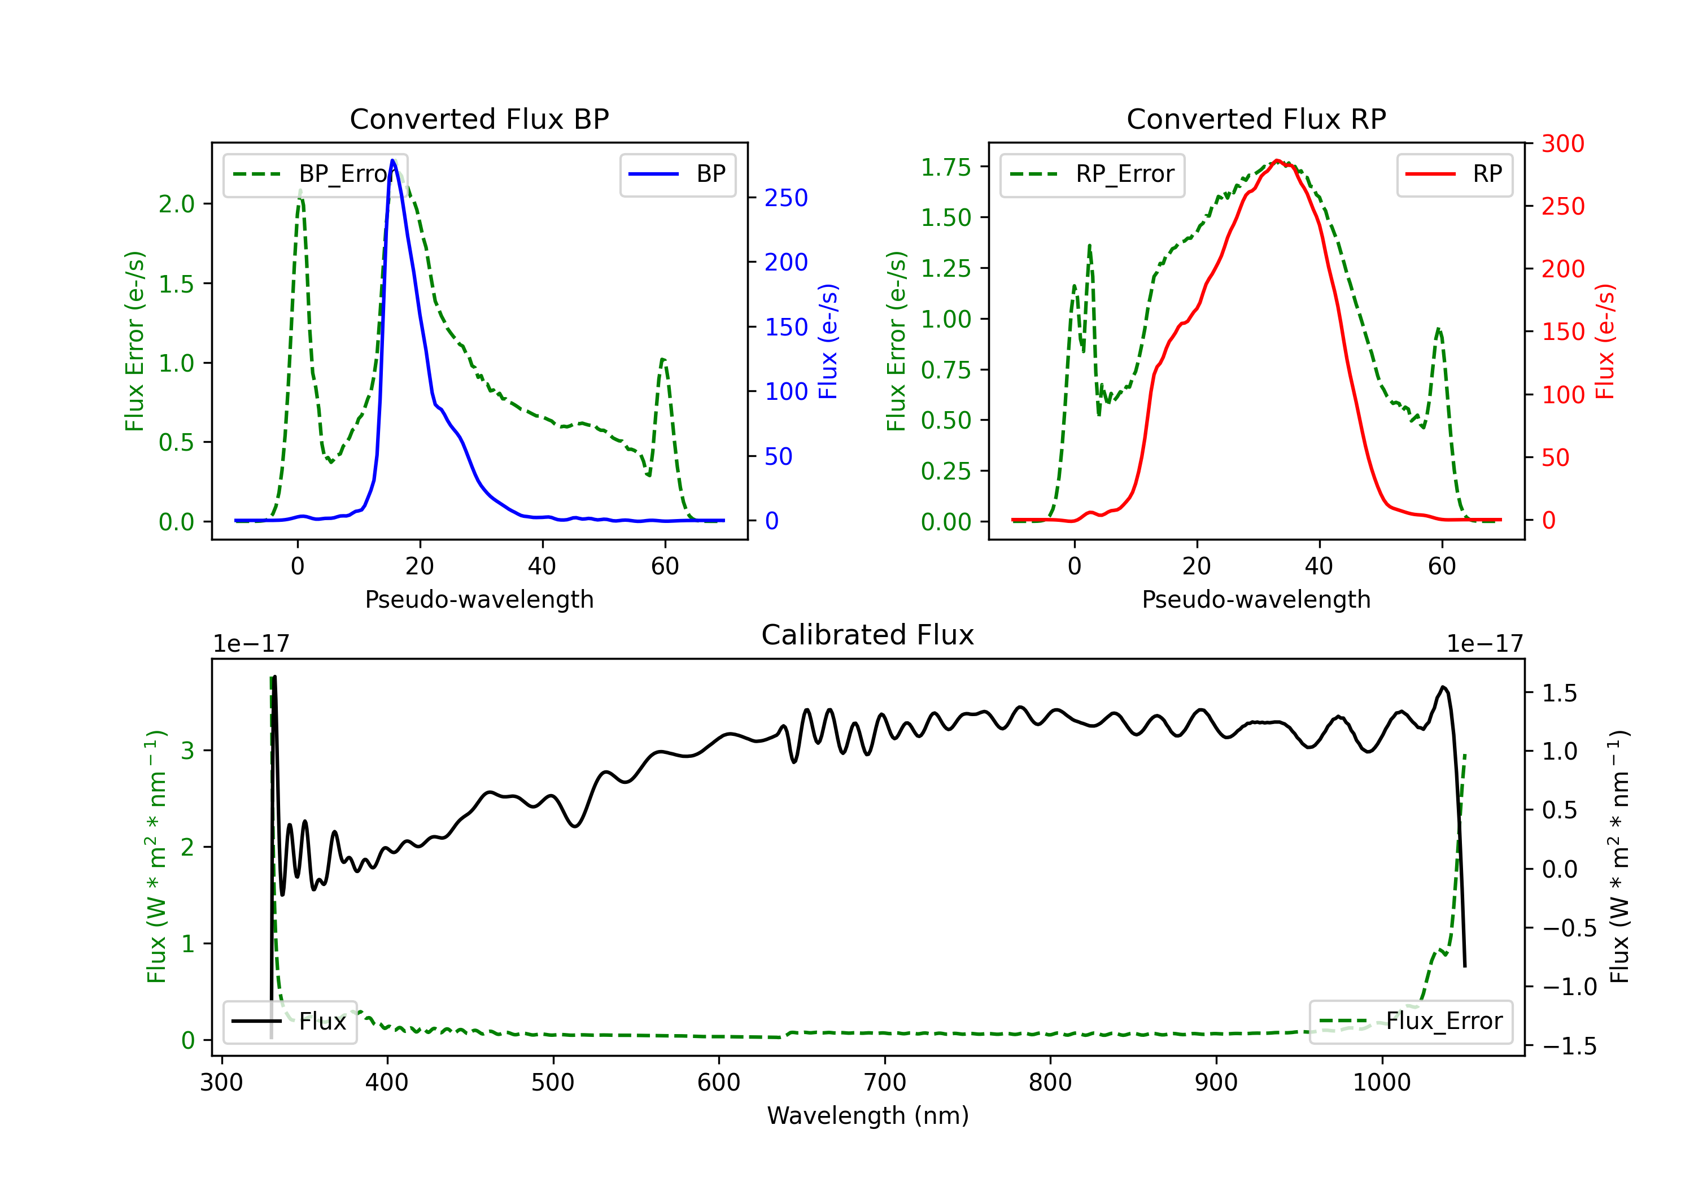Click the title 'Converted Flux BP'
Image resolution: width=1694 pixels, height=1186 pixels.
[479, 119]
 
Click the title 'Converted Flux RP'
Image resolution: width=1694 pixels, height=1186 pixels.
[1256, 119]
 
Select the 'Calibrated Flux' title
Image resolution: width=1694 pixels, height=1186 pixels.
[868, 635]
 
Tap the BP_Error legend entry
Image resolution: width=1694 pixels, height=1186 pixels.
[315, 174]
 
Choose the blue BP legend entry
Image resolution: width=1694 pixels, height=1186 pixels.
[677, 174]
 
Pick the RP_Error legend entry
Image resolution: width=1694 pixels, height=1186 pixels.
[1092, 174]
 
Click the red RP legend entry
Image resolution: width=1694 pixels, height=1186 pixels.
[1454, 174]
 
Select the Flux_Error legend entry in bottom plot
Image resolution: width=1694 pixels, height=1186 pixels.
[1411, 1022]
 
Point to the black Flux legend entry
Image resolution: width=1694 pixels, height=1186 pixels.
[289, 1022]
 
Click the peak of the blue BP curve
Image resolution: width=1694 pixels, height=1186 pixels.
[393, 160]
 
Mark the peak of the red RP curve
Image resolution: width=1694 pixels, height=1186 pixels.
[1277, 160]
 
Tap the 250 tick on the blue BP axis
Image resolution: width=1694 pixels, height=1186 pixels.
[787, 198]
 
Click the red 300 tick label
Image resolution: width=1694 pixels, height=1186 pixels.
[1562, 143]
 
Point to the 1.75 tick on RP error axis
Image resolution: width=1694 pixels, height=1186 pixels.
[946, 168]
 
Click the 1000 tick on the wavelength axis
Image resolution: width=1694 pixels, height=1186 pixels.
[1382, 1083]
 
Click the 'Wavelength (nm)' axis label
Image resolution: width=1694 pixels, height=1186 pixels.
[868, 1115]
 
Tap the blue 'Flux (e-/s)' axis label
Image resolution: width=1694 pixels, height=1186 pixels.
[828, 341]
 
